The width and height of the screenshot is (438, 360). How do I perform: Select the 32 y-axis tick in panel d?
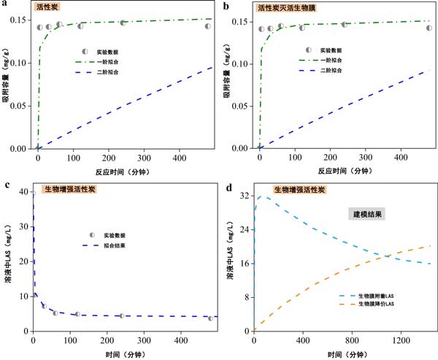pos(245,196)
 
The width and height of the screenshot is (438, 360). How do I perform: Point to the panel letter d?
pos(230,188)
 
